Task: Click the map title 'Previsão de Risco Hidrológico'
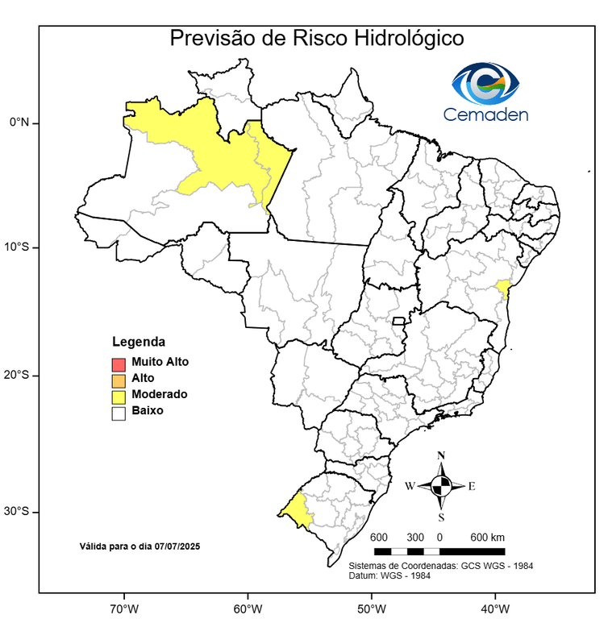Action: (x=316, y=39)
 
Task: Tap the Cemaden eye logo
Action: (x=485, y=83)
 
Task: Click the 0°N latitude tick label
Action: (x=19, y=123)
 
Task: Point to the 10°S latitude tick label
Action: (x=16, y=247)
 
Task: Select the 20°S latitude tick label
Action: (x=16, y=375)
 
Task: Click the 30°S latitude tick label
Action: (x=16, y=512)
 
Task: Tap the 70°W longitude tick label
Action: (x=123, y=607)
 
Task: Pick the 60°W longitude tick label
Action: (x=246, y=607)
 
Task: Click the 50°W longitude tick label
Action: (x=370, y=607)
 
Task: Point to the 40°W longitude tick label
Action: (x=493, y=607)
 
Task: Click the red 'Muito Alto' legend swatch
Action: (x=119, y=364)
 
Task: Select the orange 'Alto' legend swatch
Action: (x=119, y=380)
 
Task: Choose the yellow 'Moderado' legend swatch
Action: (x=119, y=396)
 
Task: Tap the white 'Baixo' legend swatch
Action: (x=119, y=413)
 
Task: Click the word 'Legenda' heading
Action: (x=138, y=341)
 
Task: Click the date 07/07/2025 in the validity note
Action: (x=177, y=546)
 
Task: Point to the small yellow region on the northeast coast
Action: (x=503, y=288)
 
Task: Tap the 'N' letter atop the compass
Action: (x=441, y=455)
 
